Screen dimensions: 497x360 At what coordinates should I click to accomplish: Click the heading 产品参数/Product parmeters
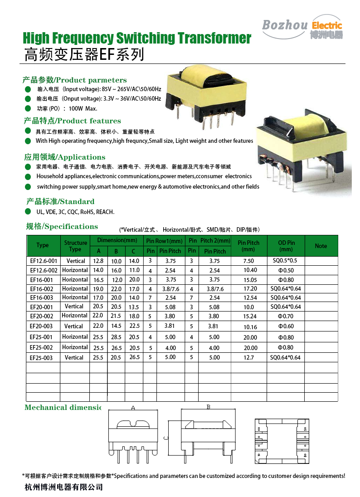[x=75, y=80]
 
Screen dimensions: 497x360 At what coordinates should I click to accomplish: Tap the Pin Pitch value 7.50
[x=248, y=261]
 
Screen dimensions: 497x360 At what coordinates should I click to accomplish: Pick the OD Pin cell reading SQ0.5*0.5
[x=285, y=261]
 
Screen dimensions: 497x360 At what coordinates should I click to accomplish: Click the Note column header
[x=321, y=246]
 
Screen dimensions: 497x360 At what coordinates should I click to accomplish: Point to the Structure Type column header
[x=75, y=246]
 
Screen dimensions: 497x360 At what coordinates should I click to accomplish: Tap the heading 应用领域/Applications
[x=64, y=157]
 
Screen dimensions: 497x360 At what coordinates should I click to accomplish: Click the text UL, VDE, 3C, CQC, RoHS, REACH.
[x=75, y=212]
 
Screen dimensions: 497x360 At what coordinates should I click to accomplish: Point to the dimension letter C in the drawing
[x=166, y=438]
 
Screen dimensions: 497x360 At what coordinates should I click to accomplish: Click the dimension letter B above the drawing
[x=208, y=407]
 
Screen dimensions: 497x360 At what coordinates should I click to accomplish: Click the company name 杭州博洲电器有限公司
[x=63, y=487]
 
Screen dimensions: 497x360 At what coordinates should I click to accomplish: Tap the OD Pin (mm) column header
[x=286, y=246]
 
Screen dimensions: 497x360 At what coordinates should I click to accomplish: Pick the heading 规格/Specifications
[x=62, y=227]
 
